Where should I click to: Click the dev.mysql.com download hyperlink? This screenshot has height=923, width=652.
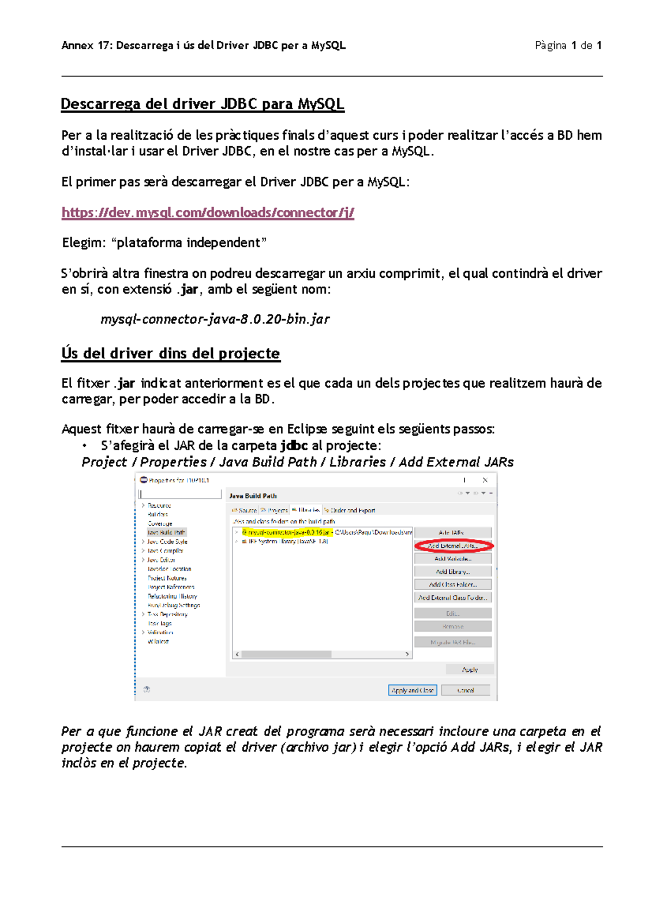point(208,213)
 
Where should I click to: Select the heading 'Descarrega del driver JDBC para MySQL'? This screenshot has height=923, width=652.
point(202,104)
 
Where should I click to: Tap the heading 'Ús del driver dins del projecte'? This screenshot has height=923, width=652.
point(171,353)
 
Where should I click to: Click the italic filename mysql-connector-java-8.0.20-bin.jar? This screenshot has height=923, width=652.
point(215,319)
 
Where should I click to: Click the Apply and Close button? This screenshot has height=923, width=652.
point(412,690)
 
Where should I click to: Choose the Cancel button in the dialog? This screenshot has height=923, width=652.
point(466,690)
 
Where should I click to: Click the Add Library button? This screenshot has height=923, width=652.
point(453,572)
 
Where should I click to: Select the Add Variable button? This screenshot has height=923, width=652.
point(453,559)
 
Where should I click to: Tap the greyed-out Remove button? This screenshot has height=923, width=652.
point(453,627)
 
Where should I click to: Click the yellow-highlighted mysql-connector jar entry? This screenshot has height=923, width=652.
point(286,533)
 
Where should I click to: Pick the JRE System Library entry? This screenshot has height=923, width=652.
point(288,542)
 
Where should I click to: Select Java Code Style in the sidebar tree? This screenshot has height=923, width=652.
point(167,542)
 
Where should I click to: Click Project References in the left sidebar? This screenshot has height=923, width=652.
point(171,587)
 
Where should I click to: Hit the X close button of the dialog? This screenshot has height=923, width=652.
point(485,480)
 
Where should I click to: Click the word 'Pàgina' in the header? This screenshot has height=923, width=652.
point(550,46)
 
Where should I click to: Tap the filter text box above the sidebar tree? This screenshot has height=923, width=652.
point(180,494)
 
